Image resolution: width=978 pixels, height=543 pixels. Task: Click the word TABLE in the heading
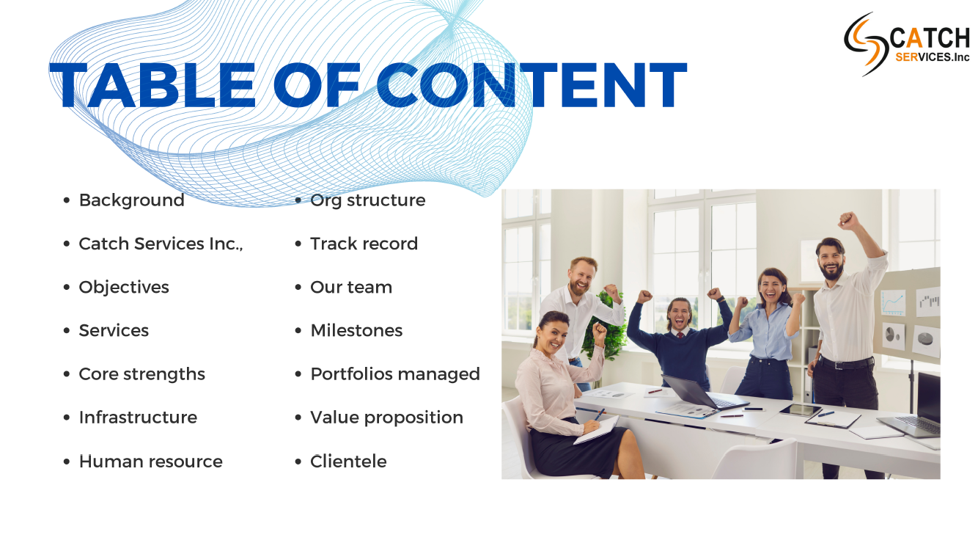point(152,84)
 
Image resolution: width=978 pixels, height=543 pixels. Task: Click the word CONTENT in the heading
point(532,84)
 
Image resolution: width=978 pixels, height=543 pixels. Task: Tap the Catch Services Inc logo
point(907,44)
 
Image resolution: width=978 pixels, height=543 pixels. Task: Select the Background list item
point(131,200)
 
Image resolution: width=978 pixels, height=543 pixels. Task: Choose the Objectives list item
point(124,288)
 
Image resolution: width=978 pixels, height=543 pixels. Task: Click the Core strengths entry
point(142,374)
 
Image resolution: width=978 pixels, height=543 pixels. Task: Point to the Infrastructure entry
point(138,418)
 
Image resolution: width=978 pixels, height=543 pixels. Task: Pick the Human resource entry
point(150,462)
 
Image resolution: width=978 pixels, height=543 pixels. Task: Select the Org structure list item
point(367,200)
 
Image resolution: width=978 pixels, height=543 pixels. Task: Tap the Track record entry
point(364,244)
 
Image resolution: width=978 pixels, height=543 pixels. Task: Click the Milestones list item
point(356,331)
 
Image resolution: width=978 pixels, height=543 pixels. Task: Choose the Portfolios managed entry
point(395,374)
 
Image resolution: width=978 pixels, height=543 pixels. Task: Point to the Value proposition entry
point(387,418)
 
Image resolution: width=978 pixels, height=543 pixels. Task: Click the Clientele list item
point(348,462)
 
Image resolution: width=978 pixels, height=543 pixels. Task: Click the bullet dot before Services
point(67,331)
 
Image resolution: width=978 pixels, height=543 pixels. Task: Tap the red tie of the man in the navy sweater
point(680,335)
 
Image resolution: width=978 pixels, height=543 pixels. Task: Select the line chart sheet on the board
point(893,302)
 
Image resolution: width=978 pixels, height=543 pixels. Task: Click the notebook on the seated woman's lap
point(597,430)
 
